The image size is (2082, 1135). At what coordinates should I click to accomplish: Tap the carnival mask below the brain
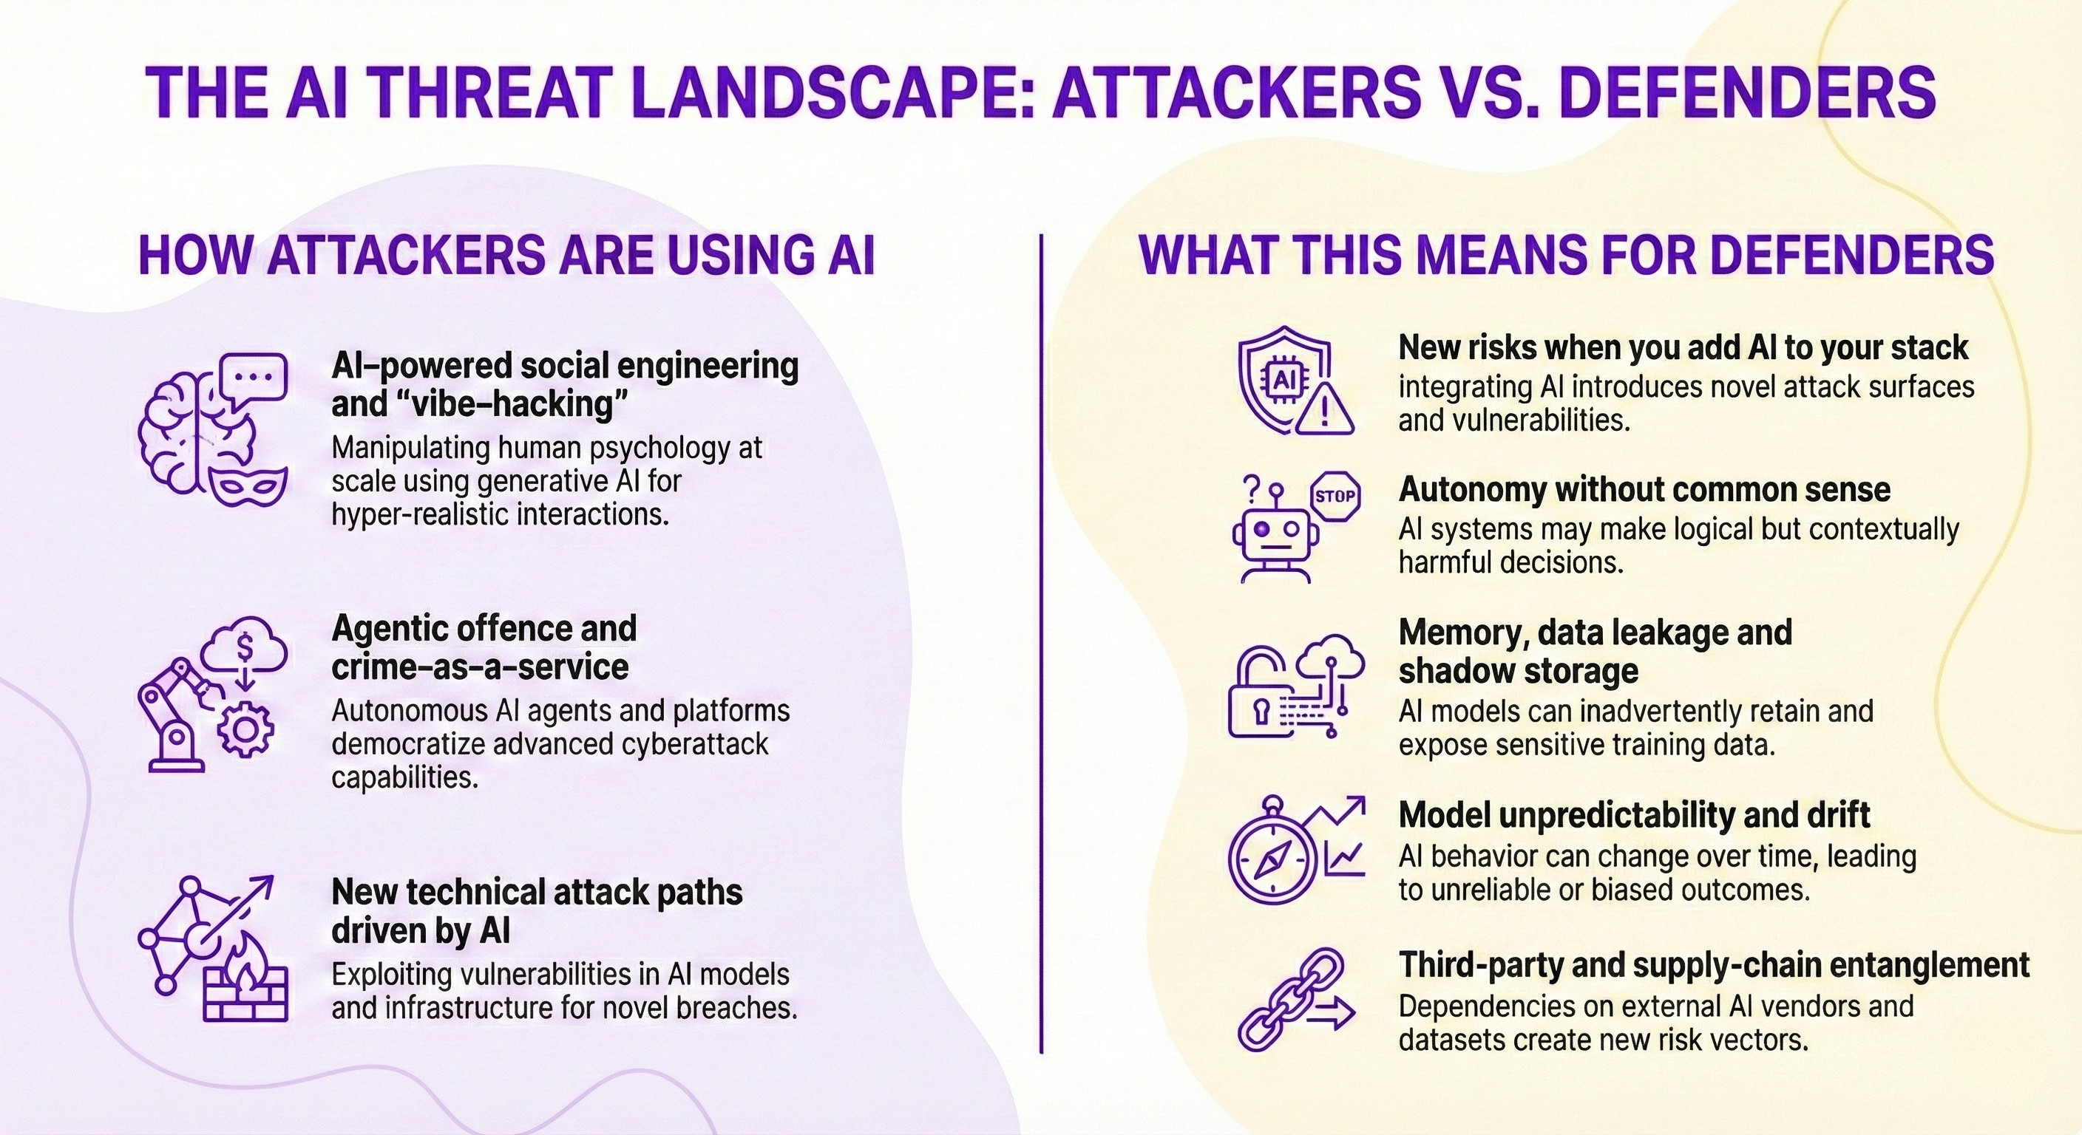248,483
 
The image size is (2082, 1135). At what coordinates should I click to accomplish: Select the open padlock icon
1258,695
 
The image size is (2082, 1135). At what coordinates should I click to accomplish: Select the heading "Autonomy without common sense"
1644,490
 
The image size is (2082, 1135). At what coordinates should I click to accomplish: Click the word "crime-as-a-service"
480,667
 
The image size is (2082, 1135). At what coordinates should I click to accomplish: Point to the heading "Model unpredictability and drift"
1633,815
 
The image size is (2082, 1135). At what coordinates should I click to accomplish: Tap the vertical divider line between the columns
1041,647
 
